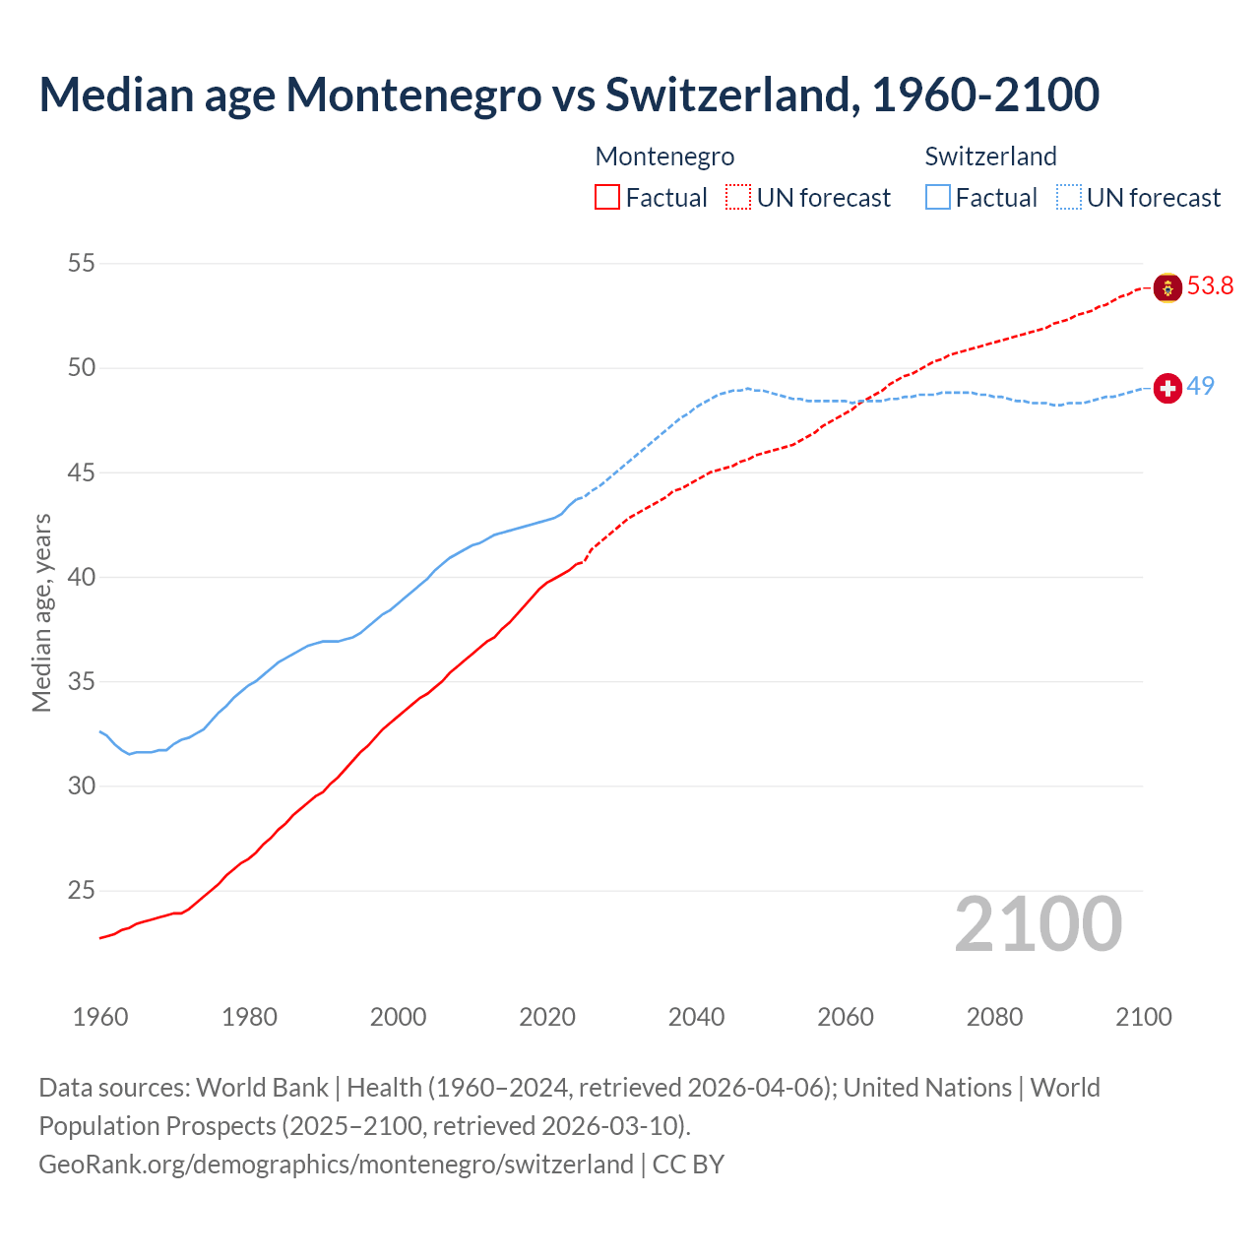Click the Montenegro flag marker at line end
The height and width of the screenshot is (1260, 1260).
1167,287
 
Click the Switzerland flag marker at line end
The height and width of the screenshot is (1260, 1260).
1167,389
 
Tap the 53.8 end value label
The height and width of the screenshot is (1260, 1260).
1210,286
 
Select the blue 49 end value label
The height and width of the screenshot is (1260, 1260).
1200,386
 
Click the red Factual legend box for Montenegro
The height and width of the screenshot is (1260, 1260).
607,198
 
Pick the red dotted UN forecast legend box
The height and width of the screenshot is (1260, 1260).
738,198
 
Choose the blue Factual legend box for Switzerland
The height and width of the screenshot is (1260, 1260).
938,198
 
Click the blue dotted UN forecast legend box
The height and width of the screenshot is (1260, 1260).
1069,198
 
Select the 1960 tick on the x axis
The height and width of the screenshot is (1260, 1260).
100,1017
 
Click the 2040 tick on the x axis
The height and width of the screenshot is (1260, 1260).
696,1017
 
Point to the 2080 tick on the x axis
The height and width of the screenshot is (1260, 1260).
994,1017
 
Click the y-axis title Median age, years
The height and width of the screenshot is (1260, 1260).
41,612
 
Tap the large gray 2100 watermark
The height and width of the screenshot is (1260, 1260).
1038,924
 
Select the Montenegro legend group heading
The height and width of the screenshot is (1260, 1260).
664,157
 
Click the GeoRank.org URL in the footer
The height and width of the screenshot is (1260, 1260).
336,1165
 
